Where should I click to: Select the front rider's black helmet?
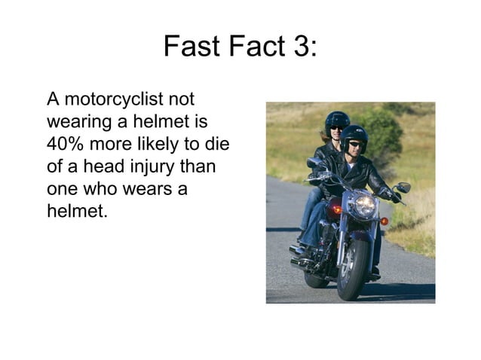coord(354,136)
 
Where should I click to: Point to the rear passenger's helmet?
coord(337,120)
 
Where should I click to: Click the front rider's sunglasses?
coord(355,144)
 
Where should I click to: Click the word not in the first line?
coord(181,99)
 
